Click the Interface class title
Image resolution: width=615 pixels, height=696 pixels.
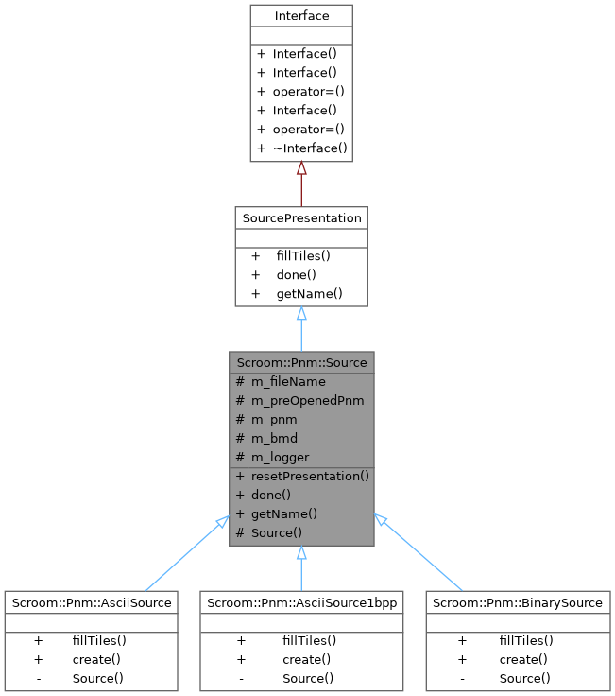[x=300, y=16]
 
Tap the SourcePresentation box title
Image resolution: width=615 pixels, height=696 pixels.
[x=301, y=218]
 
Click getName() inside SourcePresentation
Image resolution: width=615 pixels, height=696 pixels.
[x=309, y=294]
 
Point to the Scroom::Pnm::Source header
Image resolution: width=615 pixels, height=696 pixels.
[x=301, y=362]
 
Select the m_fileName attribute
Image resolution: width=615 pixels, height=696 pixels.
[x=288, y=382]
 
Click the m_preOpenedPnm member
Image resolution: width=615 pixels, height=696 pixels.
[x=307, y=401]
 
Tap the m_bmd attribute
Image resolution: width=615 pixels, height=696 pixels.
[x=274, y=439]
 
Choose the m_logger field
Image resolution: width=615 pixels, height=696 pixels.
[x=280, y=458]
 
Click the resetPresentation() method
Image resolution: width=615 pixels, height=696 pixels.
[x=310, y=477]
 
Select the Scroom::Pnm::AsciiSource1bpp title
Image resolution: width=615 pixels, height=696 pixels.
[x=301, y=602]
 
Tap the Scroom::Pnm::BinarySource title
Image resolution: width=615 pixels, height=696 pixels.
[x=516, y=602]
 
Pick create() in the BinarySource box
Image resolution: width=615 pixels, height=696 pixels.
[x=524, y=659]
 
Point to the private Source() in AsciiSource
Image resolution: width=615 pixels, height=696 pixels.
[x=97, y=678]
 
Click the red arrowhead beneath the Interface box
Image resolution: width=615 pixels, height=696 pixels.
[x=301, y=169]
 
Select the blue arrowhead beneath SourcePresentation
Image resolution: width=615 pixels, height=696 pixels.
[x=301, y=314]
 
